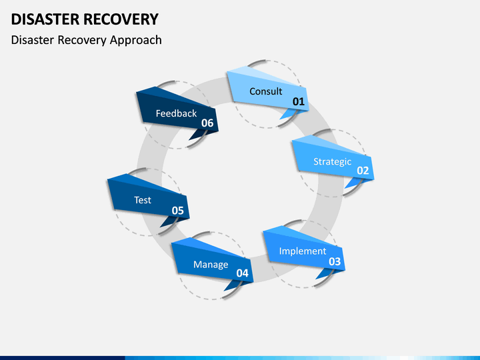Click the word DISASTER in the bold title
click(x=45, y=19)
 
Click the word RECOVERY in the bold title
click(x=121, y=19)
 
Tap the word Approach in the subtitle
click(x=135, y=41)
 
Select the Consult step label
click(x=266, y=91)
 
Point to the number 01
click(x=299, y=101)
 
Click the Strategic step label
click(x=333, y=161)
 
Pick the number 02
click(x=363, y=171)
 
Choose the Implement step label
click(x=303, y=251)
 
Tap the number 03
click(x=335, y=261)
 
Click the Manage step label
click(x=211, y=265)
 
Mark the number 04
click(x=242, y=273)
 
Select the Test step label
click(x=143, y=200)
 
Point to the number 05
click(x=177, y=211)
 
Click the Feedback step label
click(x=176, y=113)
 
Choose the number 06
click(x=207, y=123)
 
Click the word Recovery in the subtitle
click(x=83, y=41)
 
